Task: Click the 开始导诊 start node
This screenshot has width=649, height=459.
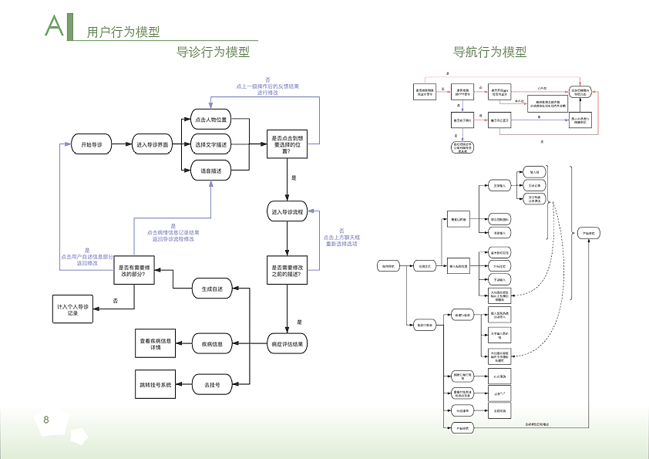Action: pyautogui.click(x=92, y=144)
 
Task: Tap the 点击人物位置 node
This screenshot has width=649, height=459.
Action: pyautogui.click(x=210, y=120)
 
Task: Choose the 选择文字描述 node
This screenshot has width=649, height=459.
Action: pyautogui.click(x=210, y=144)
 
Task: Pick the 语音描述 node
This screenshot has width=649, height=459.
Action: pyautogui.click(x=210, y=170)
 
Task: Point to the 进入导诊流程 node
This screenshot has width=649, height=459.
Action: pyautogui.click(x=287, y=211)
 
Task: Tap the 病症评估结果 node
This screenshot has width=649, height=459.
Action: pyautogui.click(x=287, y=343)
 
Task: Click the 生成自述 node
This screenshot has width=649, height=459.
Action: pyautogui.click(x=212, y=289)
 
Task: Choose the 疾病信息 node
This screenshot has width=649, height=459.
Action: pyautogui.click(x=212, y=343)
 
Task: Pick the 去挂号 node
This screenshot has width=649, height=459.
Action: pyautogui.click(x=212, y=384)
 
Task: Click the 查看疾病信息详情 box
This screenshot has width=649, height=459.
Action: pyautogui.click(x=156, y=343)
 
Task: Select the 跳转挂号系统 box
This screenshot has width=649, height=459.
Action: pyautogui.click(x=156, y=384)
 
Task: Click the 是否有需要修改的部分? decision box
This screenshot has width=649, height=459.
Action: pyautogui.click(x=133, y=272)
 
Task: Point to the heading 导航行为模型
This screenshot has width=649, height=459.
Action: pyautogui.click(x=489, y=52)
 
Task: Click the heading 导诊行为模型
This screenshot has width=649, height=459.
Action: pyautogui.click(x=214, y=52)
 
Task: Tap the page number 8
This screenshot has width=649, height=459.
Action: pyautogui.click(x=46, y=420)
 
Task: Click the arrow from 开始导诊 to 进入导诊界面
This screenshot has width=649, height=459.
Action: pyautogui.click(x=122, y=144)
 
